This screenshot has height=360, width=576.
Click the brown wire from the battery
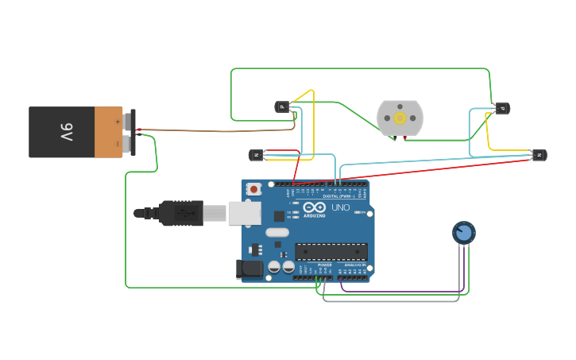[x=215, y=130]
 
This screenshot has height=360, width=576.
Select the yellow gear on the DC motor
[x=400, y=118]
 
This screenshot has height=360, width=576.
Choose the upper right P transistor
[x=501, y=108]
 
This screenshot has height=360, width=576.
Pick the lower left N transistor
[x=257, y=155]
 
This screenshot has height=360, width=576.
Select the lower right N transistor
[x=539, y=155]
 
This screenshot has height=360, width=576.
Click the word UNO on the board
[x=340, y=207]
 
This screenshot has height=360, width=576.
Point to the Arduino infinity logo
[x=315, y=207]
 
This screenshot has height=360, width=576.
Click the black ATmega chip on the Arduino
[x=331, y=252]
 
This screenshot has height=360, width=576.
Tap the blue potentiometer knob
[x=464, y=232]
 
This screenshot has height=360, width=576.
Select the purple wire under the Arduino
[x=397, y=291]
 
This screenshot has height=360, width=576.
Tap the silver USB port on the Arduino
[x=244, y=212]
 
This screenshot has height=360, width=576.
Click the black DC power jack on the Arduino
[x=249, y=269]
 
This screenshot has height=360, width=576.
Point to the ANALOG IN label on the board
[x=354, y=265]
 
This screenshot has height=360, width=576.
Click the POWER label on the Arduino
[x=324, y=265]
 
